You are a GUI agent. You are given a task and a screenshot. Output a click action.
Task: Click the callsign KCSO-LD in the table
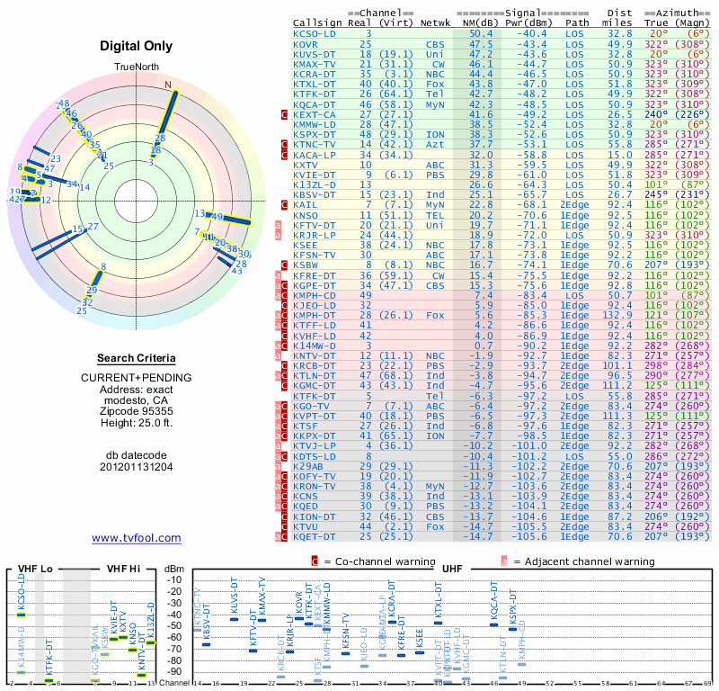pos(315,33)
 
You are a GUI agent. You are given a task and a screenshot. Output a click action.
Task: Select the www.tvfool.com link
pos(136,538)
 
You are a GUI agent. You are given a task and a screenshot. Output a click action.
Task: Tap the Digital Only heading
pos(136,46)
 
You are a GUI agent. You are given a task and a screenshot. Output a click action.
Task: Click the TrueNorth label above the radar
pos(136,68)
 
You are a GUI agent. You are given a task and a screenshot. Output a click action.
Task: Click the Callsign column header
pos(317,23)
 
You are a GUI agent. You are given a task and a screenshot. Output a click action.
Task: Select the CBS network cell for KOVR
pos(436,43)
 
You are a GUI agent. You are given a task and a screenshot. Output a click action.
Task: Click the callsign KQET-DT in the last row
pos(315,536)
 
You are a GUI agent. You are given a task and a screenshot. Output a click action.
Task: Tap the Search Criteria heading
pos(136,358)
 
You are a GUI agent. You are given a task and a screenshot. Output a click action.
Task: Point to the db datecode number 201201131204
pos(136,466)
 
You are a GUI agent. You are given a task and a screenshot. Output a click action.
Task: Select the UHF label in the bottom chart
pos(455,569)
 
